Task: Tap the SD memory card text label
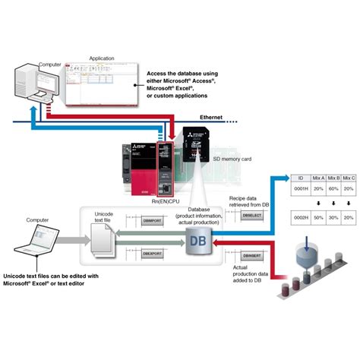tap(233, 159)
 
